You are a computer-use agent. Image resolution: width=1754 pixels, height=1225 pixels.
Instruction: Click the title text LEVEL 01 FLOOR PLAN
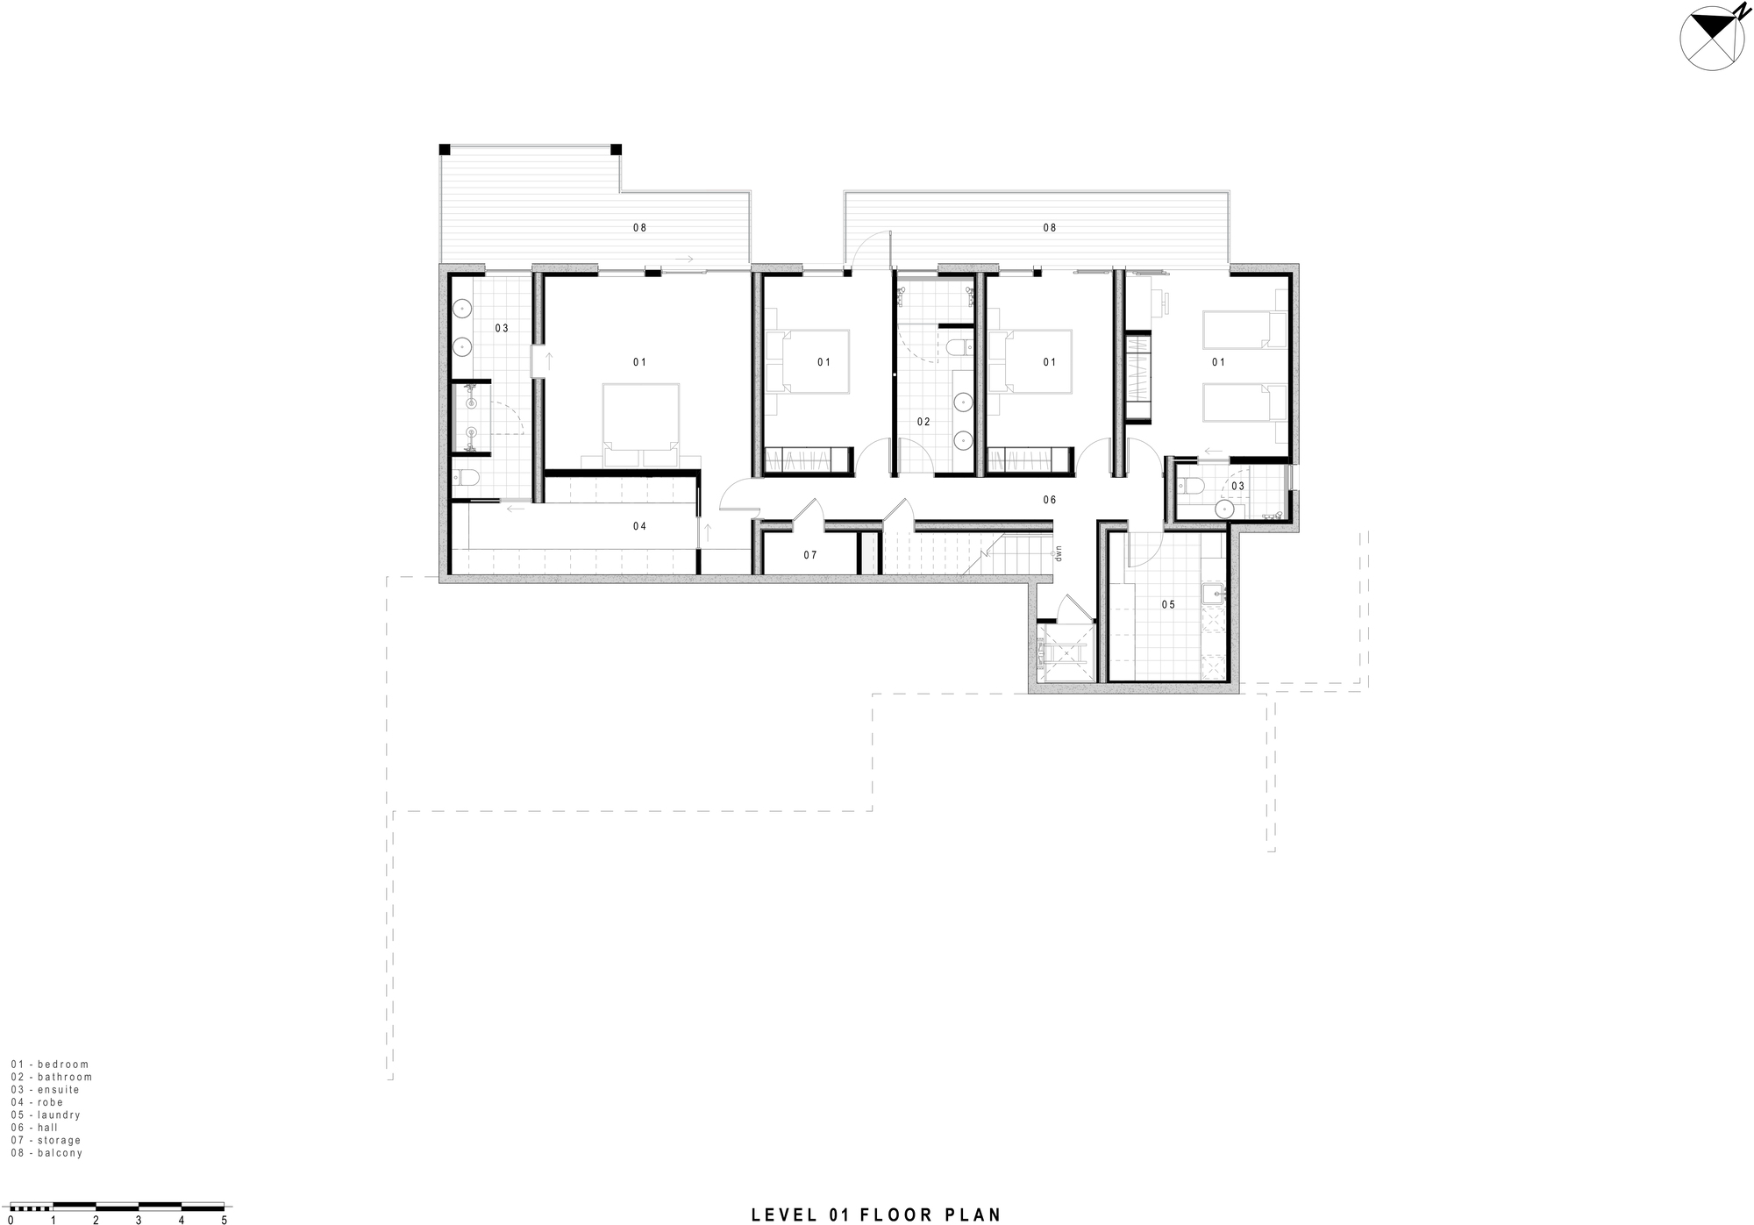pos(876,1215)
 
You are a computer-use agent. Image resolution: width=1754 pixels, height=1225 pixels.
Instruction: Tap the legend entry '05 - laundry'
pos(46,1115)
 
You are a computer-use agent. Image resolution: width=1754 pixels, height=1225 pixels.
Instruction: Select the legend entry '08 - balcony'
pos(46,1153)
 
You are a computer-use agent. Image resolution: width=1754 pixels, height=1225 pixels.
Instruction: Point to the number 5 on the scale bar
pos(224,1220)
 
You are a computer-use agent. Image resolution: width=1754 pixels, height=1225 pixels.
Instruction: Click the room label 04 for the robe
pos(639,526)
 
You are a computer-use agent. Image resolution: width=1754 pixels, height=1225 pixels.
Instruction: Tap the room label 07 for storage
pos(809,555)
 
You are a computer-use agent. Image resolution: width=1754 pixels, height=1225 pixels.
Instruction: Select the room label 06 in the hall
pos(1049,500)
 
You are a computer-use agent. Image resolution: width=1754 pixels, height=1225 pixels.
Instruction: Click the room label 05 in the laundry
pos(1167,605)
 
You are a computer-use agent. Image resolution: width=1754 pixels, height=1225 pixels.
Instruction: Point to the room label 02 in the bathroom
pos(923,422)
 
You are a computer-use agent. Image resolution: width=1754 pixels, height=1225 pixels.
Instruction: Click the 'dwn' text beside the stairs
pos(1059,553)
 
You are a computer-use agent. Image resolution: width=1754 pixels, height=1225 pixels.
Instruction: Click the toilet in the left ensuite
pos(466,479)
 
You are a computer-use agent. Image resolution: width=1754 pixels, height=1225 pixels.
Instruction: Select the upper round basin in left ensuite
pos(462,309)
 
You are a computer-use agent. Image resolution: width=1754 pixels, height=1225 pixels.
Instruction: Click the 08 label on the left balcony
pos(639,228)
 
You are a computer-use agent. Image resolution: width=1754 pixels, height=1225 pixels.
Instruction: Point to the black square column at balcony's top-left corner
pos(445,149)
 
